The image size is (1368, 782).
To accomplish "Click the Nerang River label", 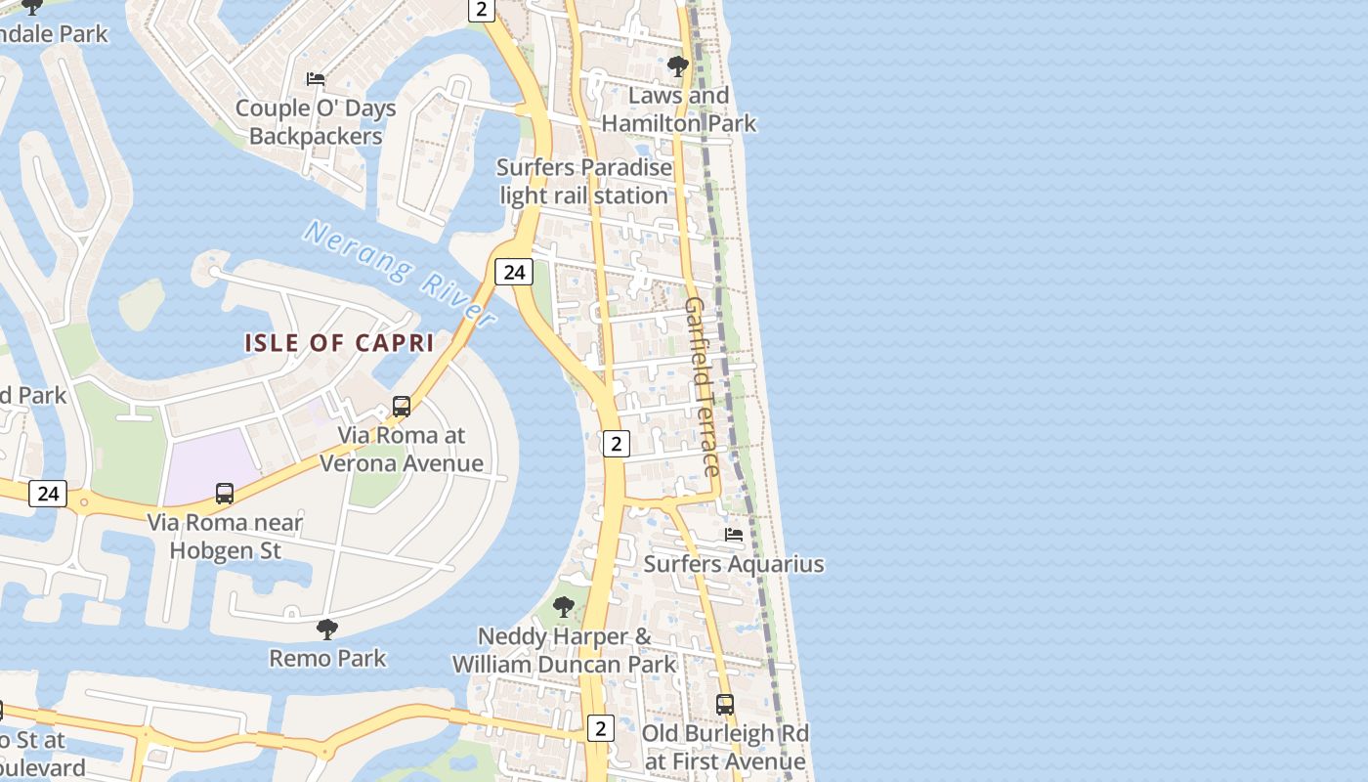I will coord(399,273).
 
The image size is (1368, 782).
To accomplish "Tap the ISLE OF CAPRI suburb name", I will coord(339,343).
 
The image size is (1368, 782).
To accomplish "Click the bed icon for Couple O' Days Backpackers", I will coord(316,78).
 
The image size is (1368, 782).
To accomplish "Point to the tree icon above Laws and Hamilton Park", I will coord(677,66).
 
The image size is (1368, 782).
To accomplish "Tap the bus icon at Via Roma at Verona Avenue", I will coord(401,407).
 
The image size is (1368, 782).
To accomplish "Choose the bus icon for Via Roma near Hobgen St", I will coord(225,494).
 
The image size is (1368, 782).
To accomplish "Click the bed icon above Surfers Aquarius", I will coord(734,535).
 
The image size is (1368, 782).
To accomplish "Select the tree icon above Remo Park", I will coord(327,630).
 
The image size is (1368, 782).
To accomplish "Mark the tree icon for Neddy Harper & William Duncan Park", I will coord(564,607).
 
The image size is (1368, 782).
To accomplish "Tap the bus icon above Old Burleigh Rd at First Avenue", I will coord(725,704).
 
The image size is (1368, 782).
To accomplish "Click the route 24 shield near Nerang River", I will coord(514,272).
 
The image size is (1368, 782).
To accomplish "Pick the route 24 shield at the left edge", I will coord(47,494).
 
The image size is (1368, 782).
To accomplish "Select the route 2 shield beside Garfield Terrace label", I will coord(616,444).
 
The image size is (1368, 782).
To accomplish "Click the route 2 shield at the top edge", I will coord(481,10).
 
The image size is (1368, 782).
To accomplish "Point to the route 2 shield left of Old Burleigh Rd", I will coord(600,727).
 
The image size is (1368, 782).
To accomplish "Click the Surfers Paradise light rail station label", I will coord(584,181).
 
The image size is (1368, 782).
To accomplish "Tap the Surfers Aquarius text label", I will coord(733,564).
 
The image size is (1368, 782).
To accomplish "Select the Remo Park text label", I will coord(327,658).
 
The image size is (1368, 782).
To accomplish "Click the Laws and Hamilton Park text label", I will coord(679,109).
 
